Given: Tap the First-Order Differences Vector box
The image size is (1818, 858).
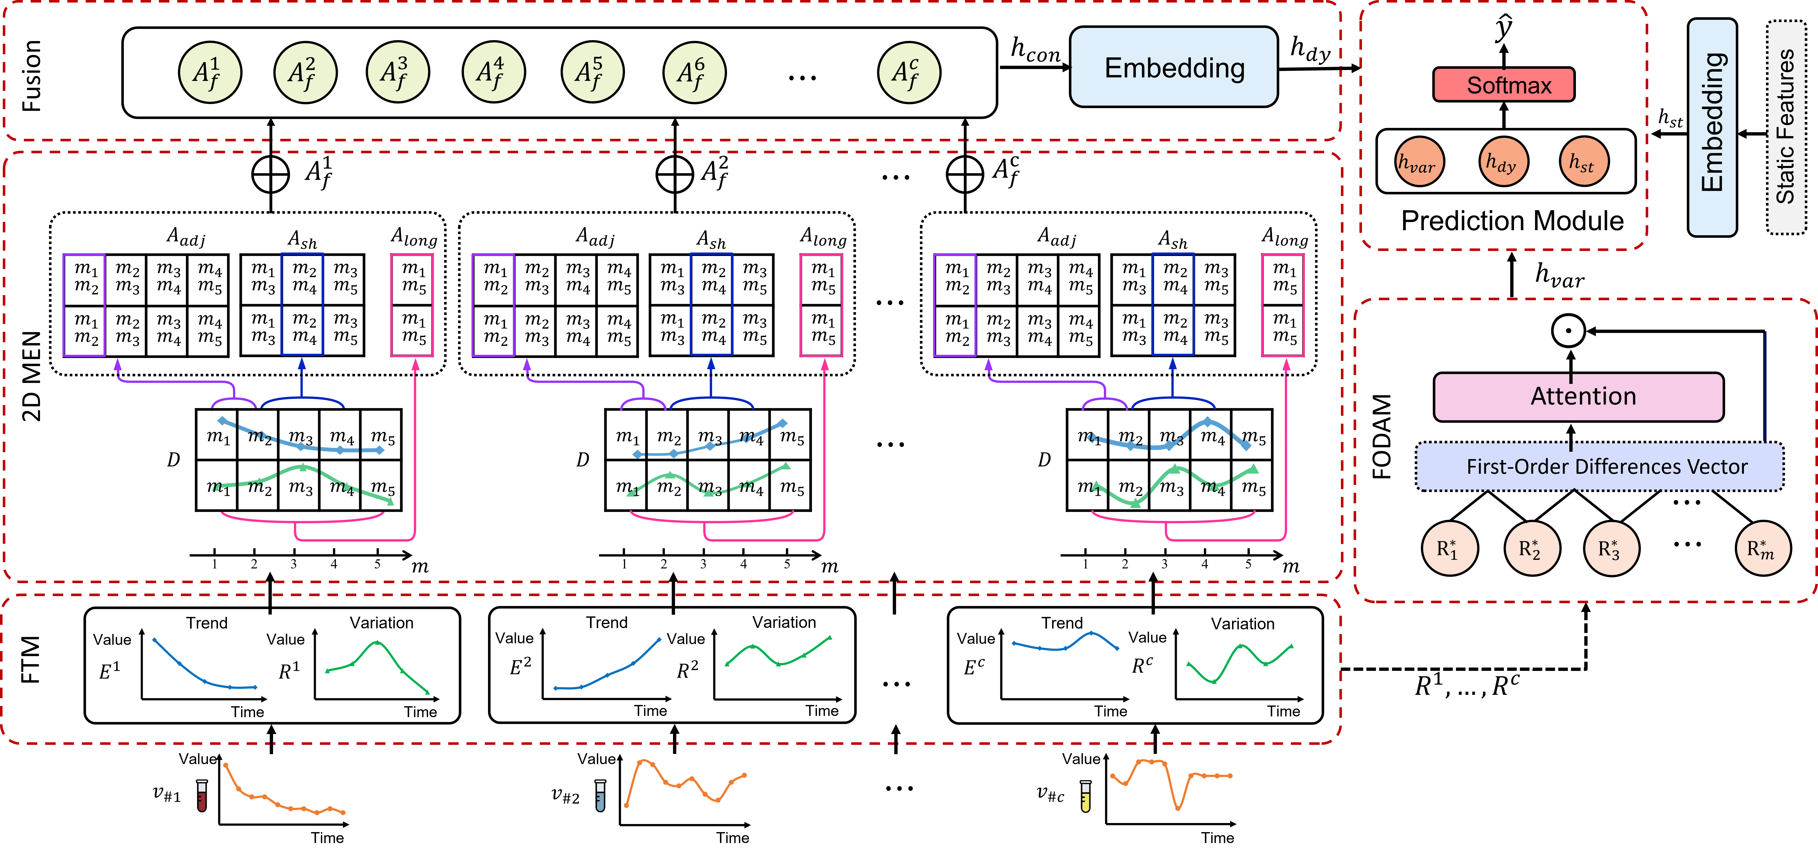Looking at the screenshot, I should click(1599, 466).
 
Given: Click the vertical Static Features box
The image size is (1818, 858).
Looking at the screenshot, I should click(1786, 127).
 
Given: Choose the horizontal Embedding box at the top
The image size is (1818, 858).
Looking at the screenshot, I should click(1174, 67).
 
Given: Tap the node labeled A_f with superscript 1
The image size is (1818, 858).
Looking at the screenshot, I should click(210, 72).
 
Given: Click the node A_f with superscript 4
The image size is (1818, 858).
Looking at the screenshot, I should click(493, 72).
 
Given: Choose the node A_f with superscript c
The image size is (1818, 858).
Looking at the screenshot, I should click(909, 72).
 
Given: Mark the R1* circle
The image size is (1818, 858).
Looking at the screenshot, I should click(1450, 548).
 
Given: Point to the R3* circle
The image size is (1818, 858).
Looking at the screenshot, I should click(1611, 548).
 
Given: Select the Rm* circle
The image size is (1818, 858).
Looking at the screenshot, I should click(1763, 548).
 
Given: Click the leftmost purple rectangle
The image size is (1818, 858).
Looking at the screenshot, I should click(84, 305).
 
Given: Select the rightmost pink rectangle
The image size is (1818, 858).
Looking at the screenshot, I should click(1282, 305).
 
